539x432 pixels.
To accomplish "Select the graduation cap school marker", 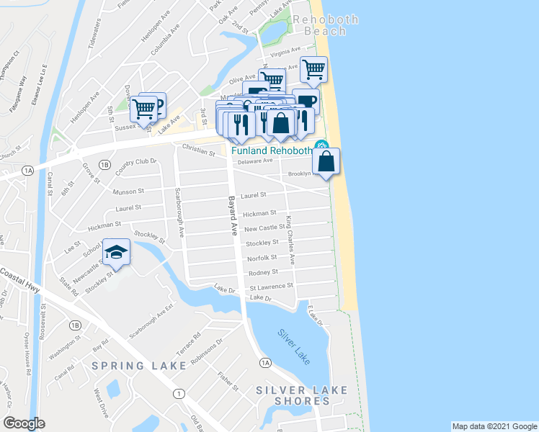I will (x=116, y=252).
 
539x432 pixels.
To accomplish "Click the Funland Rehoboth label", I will (x=271, y=150).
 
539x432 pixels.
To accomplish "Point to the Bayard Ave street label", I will (x=233, y=216).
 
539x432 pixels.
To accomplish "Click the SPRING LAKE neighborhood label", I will (x=139, y=366).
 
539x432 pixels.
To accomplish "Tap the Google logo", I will (x=24, y=423).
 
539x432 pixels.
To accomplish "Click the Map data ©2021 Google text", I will (x=494, y=426).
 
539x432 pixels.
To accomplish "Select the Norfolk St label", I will (x=262, y=257).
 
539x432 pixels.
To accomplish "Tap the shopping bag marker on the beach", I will (x=326, y=161).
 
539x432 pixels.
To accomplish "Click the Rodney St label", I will (x=263, y=272).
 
